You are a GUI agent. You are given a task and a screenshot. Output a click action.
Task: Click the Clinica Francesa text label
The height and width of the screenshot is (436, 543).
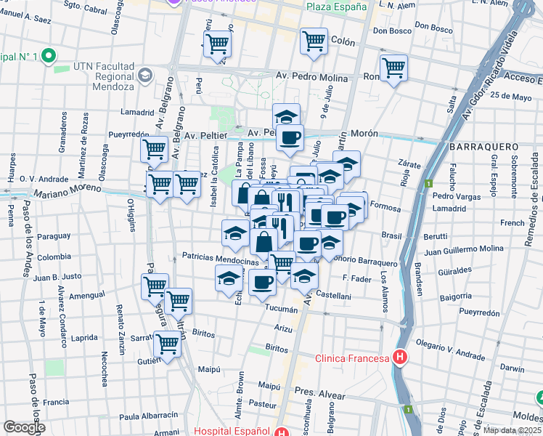point(352,358)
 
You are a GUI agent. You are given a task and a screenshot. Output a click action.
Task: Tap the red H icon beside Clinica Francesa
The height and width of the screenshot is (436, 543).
point(399,357)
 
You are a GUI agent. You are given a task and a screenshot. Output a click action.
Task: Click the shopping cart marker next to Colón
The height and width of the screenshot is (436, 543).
point(314,41)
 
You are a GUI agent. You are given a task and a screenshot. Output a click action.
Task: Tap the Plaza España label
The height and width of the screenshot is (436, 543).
point(336,7)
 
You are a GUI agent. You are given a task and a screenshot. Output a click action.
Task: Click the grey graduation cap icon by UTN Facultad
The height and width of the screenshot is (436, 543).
point(145,75)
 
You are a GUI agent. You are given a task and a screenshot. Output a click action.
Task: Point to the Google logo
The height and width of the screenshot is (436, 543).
point(23,427)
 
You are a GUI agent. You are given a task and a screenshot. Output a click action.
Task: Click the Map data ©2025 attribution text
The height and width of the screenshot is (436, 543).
point(512,430)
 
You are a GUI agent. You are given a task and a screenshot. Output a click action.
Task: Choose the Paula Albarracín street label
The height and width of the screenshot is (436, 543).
point(149,416)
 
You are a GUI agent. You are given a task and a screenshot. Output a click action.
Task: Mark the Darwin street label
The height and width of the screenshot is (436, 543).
point(512,368)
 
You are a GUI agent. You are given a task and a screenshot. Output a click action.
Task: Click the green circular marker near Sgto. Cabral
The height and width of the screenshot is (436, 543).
point(49,55)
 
